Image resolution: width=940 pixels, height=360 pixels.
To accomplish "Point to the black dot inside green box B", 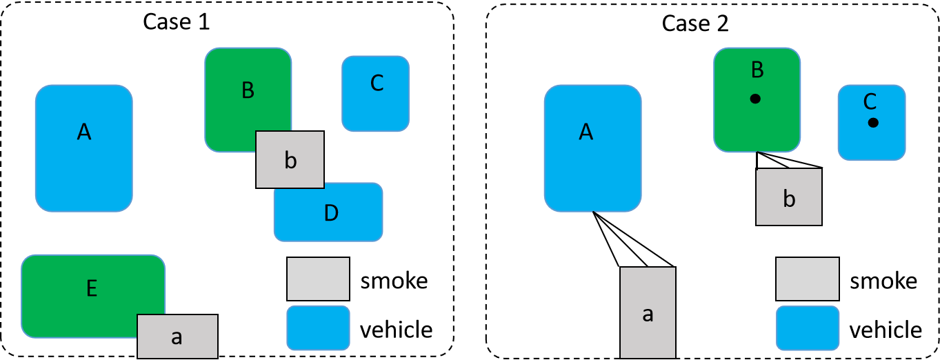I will tap(755, 99).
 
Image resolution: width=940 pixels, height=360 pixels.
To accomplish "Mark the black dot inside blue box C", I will tap(873, 123).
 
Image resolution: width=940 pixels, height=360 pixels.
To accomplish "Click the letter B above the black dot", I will tap(757, 70).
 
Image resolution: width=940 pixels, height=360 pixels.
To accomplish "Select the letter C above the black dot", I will tap(870, 102).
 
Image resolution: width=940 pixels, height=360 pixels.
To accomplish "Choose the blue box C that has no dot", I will tap(376, 103).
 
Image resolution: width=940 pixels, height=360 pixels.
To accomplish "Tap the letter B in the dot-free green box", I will tap(248, 90).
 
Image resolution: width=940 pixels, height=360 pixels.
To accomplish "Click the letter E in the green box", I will tap(91, 288).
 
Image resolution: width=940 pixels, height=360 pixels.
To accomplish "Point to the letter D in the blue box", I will tap(331, 213).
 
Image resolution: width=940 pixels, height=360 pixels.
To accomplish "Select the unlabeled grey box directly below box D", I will tap(318, 279).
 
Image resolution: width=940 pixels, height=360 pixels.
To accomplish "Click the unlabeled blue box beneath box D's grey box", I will tap(318, 328).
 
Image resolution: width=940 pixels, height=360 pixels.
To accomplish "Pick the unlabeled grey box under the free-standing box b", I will tap(807, 279).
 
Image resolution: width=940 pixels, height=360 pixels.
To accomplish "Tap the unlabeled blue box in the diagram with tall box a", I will tap(807, 328).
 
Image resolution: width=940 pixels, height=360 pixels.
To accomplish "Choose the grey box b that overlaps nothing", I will tap(788, 197).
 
